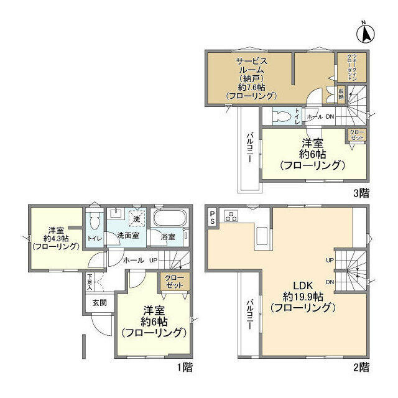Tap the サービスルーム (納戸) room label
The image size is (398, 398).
click(251, 77)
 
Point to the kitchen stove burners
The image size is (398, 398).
click(231, 216)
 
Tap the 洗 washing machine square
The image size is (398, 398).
click(136, 218)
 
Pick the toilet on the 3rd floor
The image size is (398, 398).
click(282, 116)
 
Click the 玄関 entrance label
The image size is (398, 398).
click(99, 303)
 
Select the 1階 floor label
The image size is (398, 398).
click(184, 368)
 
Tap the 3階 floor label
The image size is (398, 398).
click(361, 192)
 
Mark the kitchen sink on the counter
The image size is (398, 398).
click(262, 236)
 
